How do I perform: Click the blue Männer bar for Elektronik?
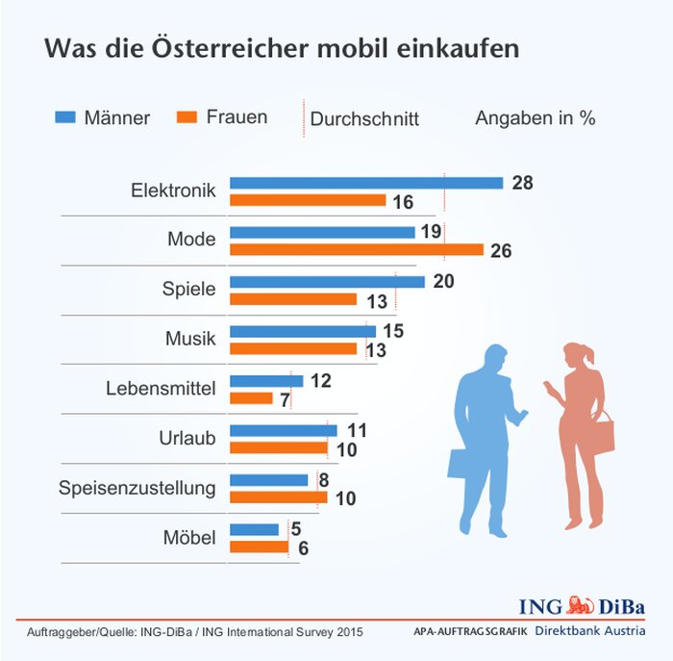365,183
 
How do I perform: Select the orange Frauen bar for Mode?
356,249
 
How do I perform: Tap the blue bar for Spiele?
327,282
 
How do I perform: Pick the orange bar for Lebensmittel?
251,397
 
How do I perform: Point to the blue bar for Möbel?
254,529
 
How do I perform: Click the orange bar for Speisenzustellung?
278,497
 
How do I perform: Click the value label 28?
522,183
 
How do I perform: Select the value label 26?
501,251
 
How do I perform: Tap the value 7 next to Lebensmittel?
286,399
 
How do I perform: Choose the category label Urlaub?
187,438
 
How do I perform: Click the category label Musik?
190,339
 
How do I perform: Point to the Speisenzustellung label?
137,487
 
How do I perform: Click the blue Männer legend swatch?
65,117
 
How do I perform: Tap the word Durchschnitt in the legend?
364,119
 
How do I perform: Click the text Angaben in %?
535,118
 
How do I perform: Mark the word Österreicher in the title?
288,49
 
